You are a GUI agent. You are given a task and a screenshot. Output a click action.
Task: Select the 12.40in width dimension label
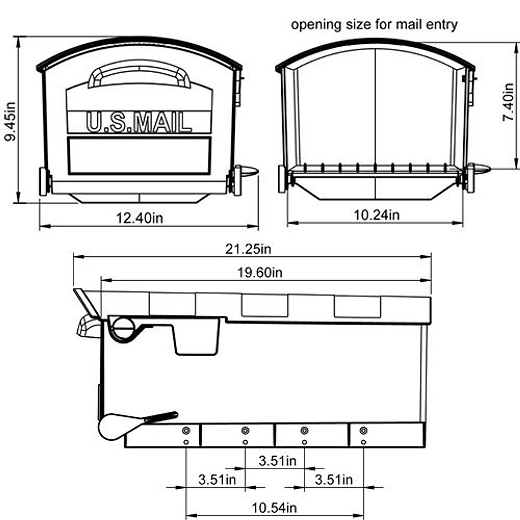pyautogui.click(x=139, y=218)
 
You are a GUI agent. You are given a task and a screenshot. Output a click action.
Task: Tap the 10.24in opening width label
pyautogui.click(x=377, y=214)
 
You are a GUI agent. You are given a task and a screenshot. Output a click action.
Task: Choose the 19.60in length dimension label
pyautogui.click(x=260, y=273)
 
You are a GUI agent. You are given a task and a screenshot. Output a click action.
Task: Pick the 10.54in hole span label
pyautogui.click(x=274, y=507)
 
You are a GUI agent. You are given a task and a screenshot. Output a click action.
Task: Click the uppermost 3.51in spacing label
pyautogui.click(x=277, y=461)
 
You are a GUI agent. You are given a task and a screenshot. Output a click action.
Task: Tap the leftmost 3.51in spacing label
pyautogui.click(x=217, y=480)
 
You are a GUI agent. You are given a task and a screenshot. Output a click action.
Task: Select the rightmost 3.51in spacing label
pyautogui.click(x=334, y=480)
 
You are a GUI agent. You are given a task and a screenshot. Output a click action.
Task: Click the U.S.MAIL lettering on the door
pyautogui.click(x=139, y=122)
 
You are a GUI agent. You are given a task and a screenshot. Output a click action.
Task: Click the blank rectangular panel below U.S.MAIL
pyautogui.click(x=139, y=156)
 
